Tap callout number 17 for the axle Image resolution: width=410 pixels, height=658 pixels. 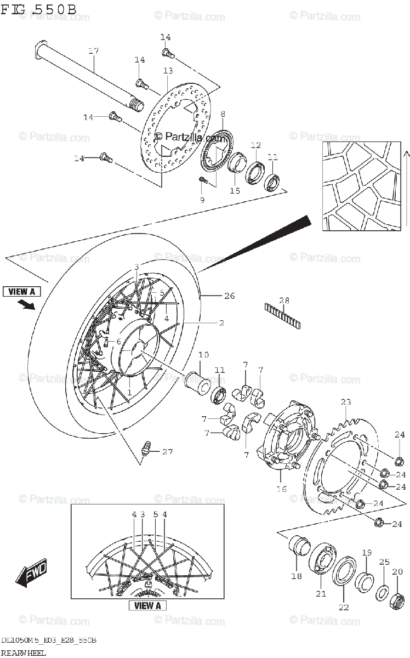(x=93, y=52)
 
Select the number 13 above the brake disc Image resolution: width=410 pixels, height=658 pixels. (x=167, y=71)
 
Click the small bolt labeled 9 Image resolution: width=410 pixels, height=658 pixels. (x=203, y=179)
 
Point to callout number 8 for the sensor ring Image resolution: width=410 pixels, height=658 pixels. (x=223, y=114)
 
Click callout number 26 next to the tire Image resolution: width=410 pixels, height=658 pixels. (x=229, y=296)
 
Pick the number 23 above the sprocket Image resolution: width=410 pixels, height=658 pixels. (x=345, y=402)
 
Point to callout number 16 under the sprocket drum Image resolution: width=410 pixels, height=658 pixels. (x=281, y=489)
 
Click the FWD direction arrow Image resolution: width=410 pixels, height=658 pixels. (x=32, y=574)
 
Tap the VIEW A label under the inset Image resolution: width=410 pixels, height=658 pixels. (x=147, y=606)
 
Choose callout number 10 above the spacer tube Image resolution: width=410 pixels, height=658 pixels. (x=203, y=356)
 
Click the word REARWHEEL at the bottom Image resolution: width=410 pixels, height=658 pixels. (x=24, y=653)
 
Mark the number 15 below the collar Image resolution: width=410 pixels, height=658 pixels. (x=235, y=191)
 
